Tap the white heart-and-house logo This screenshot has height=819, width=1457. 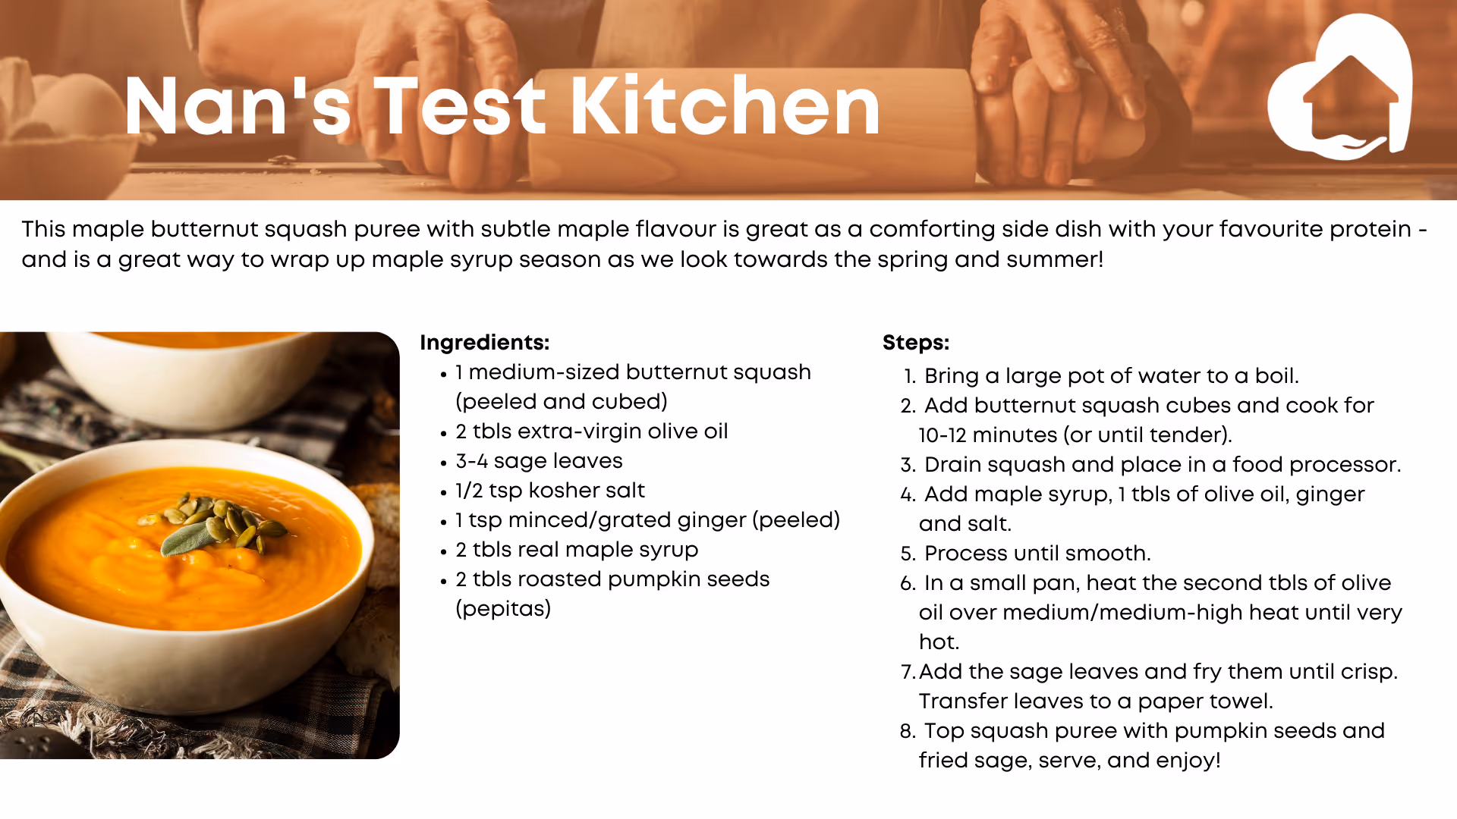[1339, 87]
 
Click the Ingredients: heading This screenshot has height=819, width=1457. [484, 343]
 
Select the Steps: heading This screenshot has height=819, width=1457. [916, 343]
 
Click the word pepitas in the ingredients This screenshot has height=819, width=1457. [503, 609]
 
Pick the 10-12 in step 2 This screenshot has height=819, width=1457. [942, 435]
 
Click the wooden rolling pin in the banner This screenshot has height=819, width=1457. [751, 121]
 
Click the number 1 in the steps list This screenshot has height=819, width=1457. [908, 376]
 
